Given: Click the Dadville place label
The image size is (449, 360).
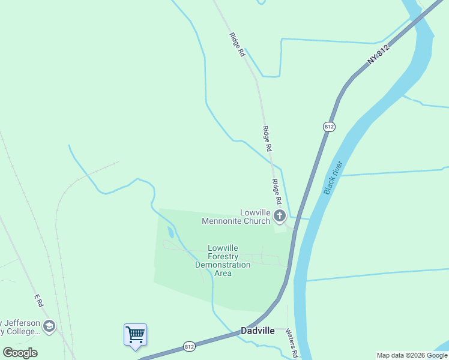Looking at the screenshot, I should pyautogui.click(x=258, y=331).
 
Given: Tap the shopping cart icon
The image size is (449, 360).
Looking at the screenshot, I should pyautogui.click(x=135, y=334).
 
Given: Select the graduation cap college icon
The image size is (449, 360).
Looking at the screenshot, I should pyautogui.click(x=49, y=326).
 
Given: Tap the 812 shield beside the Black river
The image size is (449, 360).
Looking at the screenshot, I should pyautogui.click(x=328, y=127).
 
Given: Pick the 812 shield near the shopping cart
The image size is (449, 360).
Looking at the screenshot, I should pyautogui.click(x=189, y=347).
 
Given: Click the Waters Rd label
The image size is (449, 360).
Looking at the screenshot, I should pyautogui.click(x=292, y=343).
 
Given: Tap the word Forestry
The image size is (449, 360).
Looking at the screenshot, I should pyautogui.click(x=223, y=256).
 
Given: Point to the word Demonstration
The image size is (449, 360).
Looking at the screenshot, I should pyautogui.click(x=223, y=265).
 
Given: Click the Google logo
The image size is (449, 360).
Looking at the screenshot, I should pyautogui.click(x=20, y=353).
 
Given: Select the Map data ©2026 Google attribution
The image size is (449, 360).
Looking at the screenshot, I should pyautogui.click(x=412, y=355).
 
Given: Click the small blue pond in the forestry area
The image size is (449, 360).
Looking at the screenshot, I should pyautogui.click(x=170, y=232).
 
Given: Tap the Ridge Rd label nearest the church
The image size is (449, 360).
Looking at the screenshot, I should pyautogui.click(x=277, y=191).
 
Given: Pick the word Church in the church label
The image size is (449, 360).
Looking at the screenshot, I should pyautogui.click(x=256, y=221).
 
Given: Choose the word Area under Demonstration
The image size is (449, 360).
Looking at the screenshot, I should pyautogui.click(x=223, y=273).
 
